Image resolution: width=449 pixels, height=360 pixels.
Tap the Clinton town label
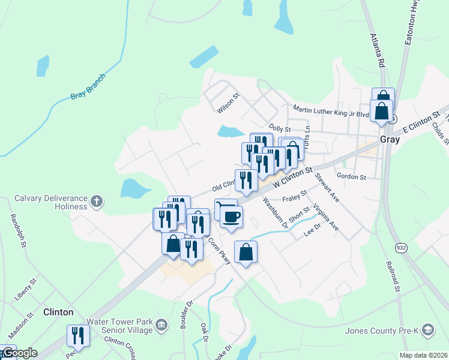click(58, 312)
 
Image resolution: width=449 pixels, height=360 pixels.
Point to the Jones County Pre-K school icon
click(427, 330)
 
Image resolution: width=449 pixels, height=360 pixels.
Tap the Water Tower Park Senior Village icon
click(161, 326)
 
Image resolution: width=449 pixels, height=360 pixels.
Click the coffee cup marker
click(231, 216)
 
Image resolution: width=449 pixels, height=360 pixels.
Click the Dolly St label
click(280, 128)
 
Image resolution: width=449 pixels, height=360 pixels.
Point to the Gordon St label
click(351, 177)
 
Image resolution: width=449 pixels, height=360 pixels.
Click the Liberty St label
click(26, 289)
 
